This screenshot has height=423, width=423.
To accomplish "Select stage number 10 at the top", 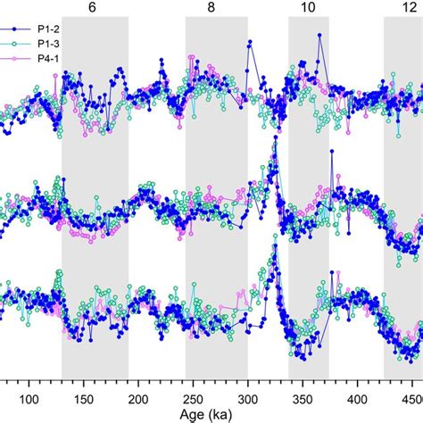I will pyautogui.click(x=308, y=6).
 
